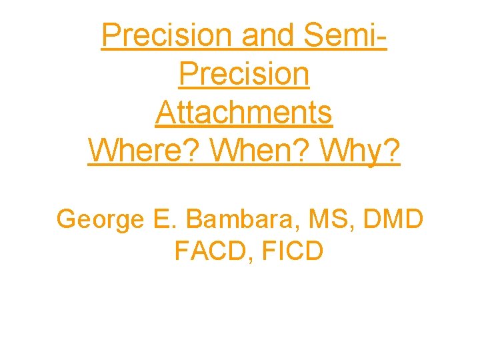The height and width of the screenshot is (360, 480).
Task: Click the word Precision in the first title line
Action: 167,35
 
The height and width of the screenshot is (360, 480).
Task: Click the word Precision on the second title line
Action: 244,74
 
